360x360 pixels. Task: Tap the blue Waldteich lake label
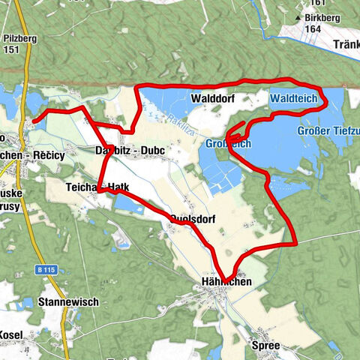point(294,98)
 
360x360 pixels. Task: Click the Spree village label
point(266,346)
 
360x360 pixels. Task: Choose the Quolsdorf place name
point(193,219)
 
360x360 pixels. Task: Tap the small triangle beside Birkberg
point(298,16)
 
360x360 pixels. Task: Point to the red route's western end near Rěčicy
point(34,120)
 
